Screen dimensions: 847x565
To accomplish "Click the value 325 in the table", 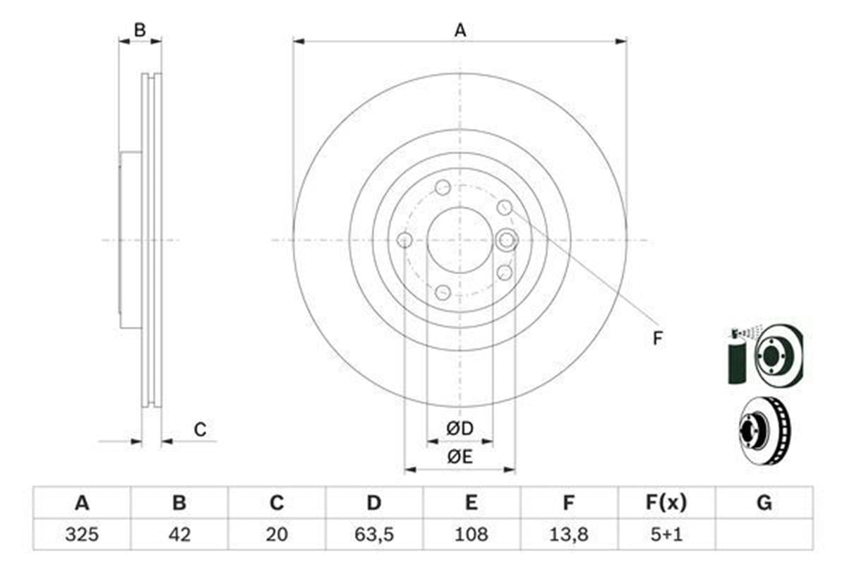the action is click(x=82, y=535).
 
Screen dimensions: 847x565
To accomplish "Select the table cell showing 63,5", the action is click(x=374, y=535).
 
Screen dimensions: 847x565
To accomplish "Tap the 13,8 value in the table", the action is click(x=569, y=535).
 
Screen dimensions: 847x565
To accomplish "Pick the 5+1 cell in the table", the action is click(x=666, y=535).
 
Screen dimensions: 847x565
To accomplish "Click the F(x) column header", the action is click(x=666, y=503).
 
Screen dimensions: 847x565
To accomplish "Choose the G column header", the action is click(x=764, y=503).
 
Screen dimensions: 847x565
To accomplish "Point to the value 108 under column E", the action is click(x=471, y=535).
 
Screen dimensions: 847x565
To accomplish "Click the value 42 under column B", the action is click(x=179, y=535).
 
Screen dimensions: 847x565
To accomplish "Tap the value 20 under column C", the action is click(x=277, y=535).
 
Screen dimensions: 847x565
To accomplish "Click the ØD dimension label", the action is click(x=459, y=429).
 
